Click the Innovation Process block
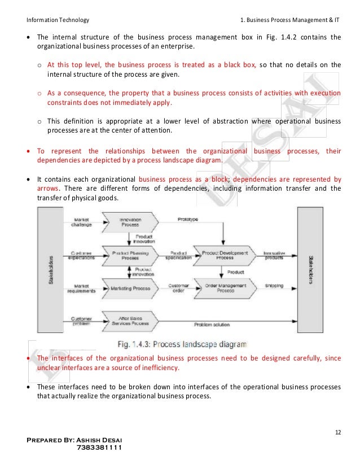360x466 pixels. tap(130, 222)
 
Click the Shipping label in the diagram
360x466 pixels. tap(275, 286)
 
